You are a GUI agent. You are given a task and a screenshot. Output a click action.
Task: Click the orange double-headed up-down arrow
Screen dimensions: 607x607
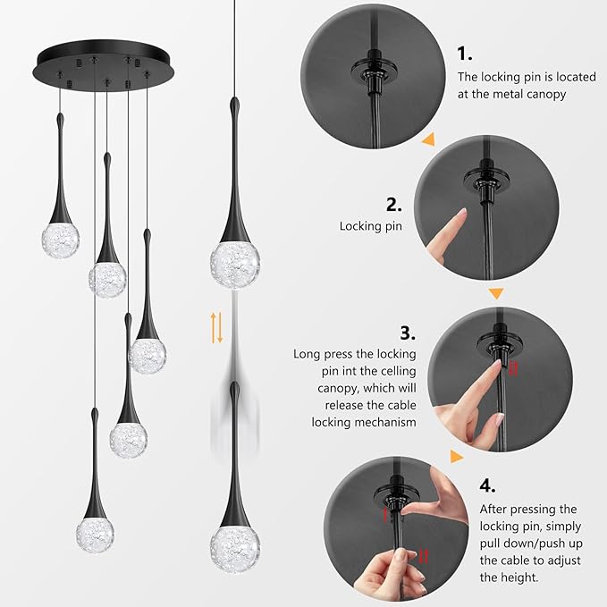216,328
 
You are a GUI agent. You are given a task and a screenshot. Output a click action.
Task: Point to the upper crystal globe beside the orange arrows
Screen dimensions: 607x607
235,259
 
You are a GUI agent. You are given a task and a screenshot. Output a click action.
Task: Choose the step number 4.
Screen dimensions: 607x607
486,485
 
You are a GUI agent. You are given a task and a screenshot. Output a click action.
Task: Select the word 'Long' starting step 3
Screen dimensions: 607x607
308,354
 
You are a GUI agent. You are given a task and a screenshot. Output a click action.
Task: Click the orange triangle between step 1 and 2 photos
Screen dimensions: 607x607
428,139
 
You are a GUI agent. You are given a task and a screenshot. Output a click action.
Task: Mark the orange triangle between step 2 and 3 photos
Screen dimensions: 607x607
496,292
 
